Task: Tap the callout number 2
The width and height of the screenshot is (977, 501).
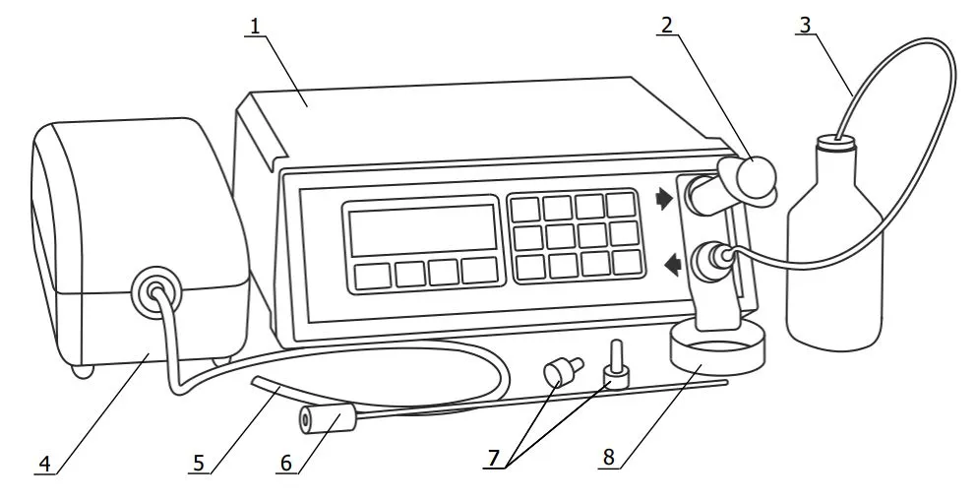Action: [667, 25]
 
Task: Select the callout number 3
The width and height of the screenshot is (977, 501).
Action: [805, 25]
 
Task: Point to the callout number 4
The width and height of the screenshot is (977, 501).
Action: [45, 464]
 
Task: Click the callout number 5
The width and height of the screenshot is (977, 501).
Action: [199, 463]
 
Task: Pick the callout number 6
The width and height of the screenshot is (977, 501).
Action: [286, 463]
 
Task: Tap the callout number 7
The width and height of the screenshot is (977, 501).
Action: [494, 458]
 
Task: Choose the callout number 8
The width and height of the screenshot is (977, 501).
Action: [608, 458]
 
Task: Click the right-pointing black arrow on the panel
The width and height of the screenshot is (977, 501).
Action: [664, 200]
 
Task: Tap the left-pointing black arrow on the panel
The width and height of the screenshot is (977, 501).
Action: [673, 266]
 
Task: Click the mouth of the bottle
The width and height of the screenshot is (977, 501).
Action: [837, 145]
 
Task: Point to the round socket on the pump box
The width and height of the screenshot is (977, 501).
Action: [155, 289]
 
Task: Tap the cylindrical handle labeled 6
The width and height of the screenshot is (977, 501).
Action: [327, 417]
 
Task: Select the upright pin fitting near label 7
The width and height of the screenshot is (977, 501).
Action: [616, 365]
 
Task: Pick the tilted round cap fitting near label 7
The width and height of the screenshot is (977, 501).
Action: [563, 371]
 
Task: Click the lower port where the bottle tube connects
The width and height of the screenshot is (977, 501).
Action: [709, 258]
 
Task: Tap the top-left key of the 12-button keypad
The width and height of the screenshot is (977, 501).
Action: [525, 210]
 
